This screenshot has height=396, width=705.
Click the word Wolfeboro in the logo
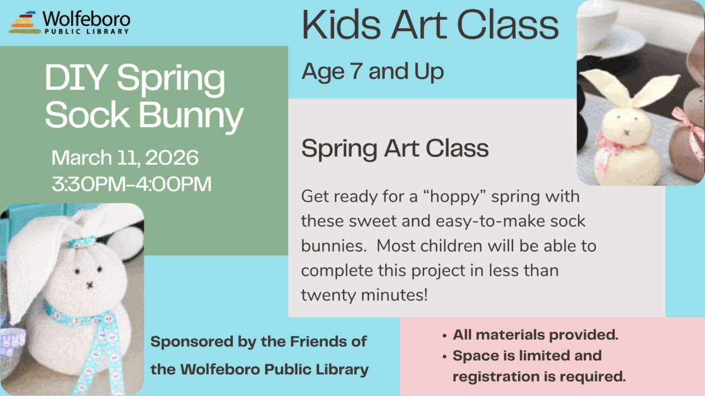pyautogui.click(x=86, y=19)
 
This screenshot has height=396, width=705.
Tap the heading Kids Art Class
pyautogui.click(x=429, y=26)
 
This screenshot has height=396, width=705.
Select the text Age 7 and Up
pyautogui.click(x=372, y=72)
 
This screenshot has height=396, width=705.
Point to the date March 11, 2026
pyautogui.click(x=125, y=158)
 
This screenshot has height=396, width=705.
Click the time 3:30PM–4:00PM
pyautogui.click(x=132, y=184)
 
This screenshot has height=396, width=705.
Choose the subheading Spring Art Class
pyautogui.click(x=395, y=148)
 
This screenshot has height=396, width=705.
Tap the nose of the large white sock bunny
pyautogui.click(x=90, y=285)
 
